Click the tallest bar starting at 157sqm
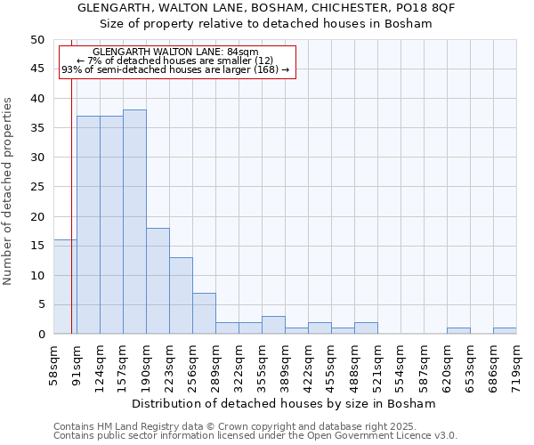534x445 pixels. tap(134, 222)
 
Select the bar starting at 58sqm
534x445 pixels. tap(65, 287)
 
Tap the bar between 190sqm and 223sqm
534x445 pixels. tap(158, 280)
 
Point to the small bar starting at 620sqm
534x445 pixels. tap(458, 331)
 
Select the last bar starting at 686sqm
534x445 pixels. tap(505, 331)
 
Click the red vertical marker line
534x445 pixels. tap(71, 178)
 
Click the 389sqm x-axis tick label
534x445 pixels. tap(285, 363)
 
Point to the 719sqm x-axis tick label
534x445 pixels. tap(516, 363)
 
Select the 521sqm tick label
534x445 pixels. tap(377, 363)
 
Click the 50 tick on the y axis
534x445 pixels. tap(36, 40)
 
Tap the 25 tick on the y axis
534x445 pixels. tap(36, 187)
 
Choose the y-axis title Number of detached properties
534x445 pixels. tap(8, 191)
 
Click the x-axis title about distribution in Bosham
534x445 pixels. tap(289, 403)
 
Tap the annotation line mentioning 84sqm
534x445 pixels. tap(174, 53)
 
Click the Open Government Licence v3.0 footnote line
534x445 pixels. tap(255, 435)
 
